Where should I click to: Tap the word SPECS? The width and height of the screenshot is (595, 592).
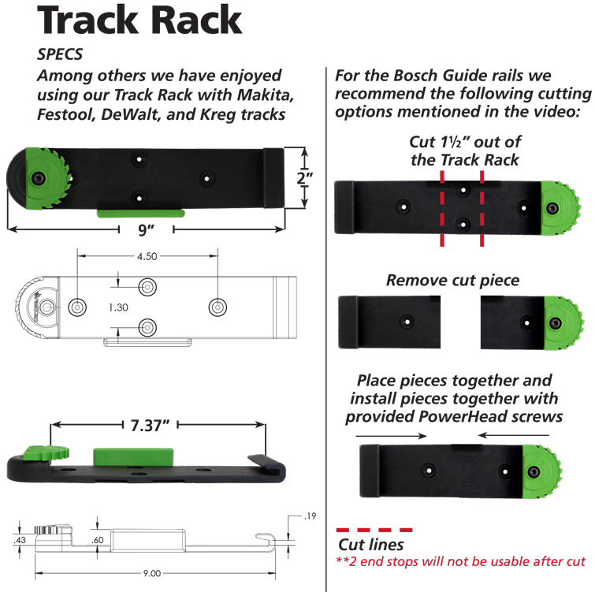pyautogui.click(x=60, y=54)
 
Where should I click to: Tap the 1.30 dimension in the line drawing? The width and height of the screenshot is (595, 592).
pyautogui.click(x=118, y=307)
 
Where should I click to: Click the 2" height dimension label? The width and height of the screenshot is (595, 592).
pyautogui.click(x=304, y=180)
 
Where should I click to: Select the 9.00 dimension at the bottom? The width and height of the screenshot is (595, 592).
pyautogui.click(x=154, y=574)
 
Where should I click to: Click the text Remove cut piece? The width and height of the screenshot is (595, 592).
pyautogui.click(x=452, y=281)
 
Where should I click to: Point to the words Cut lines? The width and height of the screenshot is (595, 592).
pyautogui.click(x=370, y=545)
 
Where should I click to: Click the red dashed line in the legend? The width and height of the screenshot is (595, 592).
pyautogui.click(x=374, y=530)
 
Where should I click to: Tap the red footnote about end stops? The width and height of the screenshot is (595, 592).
pyautogui.click(x=461, y=562)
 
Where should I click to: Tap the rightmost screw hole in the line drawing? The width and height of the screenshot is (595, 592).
pyautogui.click(x=216, y=306)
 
